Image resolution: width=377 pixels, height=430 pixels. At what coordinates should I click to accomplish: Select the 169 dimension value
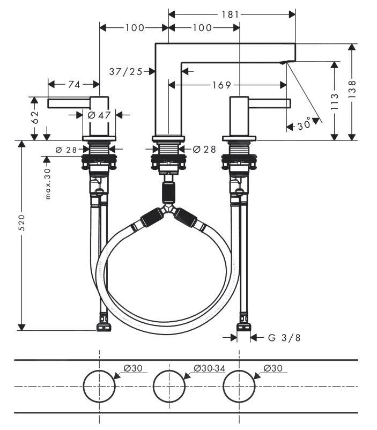tap(221, 85)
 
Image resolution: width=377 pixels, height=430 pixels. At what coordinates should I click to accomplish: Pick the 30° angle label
tap(304, 125)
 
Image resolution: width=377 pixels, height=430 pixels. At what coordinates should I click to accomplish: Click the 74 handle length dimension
tap(74, 85)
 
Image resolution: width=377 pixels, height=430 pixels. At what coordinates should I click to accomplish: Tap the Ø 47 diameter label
tap(99, 114)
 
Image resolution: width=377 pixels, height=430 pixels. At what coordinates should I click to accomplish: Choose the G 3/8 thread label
tap(284, 337)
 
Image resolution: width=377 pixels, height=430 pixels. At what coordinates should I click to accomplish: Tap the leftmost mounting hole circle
tap(99, 385)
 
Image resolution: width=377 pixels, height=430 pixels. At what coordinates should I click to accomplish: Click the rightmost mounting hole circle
tap(239, 385)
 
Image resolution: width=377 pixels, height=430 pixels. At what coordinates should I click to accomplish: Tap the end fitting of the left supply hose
tap(102, 326)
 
